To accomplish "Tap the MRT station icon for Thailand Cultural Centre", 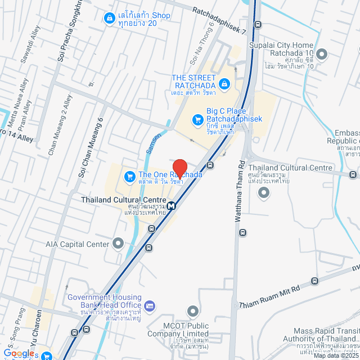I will pos(171,205).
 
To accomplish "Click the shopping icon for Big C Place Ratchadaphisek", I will pos(197,120).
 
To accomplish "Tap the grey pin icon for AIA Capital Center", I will pos(118,244).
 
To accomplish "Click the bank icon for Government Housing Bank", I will pos(149,306).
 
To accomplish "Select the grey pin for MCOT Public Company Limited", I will pos(193,310).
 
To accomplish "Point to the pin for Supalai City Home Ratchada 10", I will pos(322,54).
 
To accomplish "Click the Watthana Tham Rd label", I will pos(240,192).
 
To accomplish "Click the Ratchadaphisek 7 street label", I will pos(220,21).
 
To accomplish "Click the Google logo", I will pos(19,353).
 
